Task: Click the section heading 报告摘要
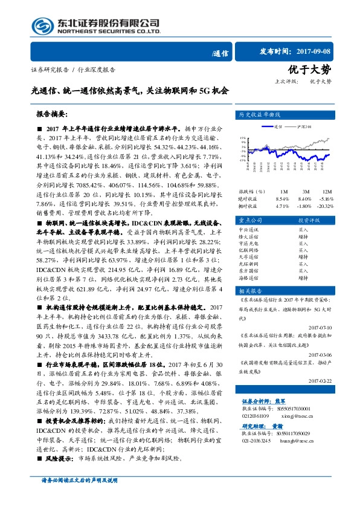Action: click(51, 113)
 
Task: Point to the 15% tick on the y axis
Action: click(242, 138)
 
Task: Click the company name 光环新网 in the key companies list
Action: click(248, 264)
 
